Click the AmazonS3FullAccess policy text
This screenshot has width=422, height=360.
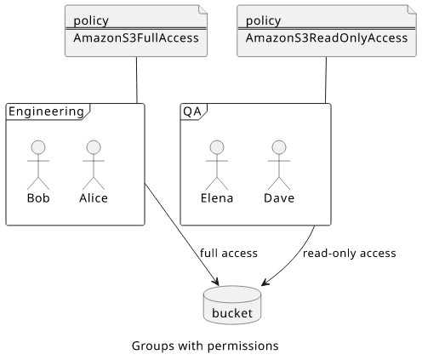pos(136,38)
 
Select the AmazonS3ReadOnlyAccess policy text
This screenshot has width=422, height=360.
pos(327,38)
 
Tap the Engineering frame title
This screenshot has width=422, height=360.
pos(47,111)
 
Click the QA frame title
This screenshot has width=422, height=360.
pos(192,111)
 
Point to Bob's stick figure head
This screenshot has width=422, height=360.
pos(38,147)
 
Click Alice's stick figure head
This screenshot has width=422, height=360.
pos(94,147)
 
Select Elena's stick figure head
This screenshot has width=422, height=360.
pos(217,147)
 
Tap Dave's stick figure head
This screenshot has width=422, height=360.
pos(279,147)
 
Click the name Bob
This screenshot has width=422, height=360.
pos(38,198)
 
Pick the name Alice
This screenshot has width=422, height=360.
pos(94,198)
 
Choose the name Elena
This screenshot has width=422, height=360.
pos(217,198)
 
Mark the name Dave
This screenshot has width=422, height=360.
pos(279,198)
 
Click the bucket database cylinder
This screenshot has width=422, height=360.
pos(232,305)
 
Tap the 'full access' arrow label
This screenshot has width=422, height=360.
pos(229,253)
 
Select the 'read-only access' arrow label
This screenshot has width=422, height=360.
pos(350,253)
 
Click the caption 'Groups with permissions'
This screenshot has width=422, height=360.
pos(205,346)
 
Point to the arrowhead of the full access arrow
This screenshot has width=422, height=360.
pos(218,284)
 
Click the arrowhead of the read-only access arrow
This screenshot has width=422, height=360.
pos(262,284)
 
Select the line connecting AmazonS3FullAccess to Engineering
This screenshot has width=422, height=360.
pos(137,80)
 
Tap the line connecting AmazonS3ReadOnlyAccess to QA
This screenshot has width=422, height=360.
pos(326,80)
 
